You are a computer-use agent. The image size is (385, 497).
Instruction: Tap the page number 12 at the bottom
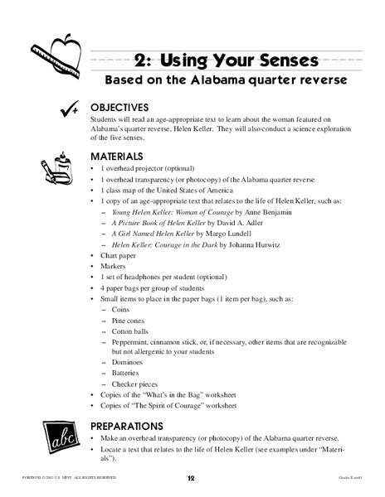pyautogui.click(x=191, y=479)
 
